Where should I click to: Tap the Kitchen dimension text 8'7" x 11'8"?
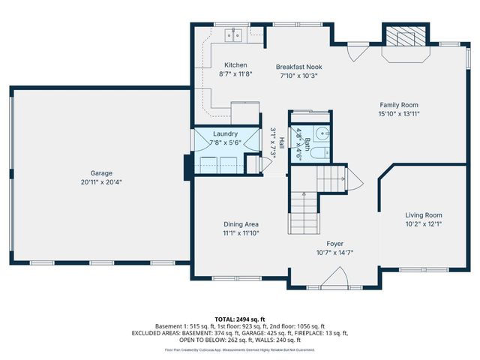click(235, 74)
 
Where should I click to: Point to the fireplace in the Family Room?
click(405, 37)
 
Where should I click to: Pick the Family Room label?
click(398, 105)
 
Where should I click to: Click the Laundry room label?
click(225, 133)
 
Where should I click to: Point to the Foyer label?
click(334, 244)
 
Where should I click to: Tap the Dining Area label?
click(241, 224)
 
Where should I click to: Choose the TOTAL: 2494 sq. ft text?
click(239, 319)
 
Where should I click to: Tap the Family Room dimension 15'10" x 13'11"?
click(398, 114)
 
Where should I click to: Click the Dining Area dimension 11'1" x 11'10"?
click(241, 233)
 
